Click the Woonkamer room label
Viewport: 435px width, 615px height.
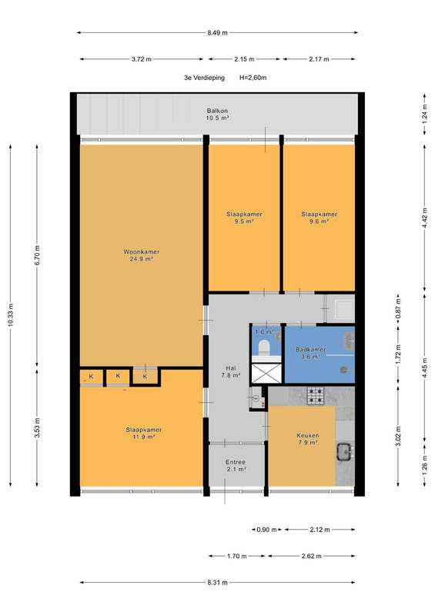pos(142,252)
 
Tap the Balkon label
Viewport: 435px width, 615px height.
pos(217,111)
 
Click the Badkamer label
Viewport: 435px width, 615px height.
pos(310,350)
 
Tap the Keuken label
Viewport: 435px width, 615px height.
pos(308,435)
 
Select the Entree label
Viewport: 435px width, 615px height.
pos(236,462)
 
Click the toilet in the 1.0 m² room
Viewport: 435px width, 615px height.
pos(263,347)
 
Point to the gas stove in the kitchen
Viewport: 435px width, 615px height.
pos(316,396)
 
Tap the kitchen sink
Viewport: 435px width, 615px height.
pos(345,452)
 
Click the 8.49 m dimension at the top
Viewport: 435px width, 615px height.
pos(217,32)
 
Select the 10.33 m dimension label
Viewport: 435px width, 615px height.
pos(11,315)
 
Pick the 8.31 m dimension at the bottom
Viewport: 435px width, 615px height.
pos(217,583)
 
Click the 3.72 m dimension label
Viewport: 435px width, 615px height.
pos(142,59)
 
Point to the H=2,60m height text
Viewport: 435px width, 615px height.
pos(253,78)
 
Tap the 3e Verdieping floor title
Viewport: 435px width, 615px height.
pos(204,78)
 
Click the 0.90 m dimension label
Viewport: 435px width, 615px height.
pos(267,530)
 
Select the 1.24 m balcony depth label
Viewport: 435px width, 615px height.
pos(424,114)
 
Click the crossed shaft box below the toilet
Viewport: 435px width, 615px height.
pos(266,374)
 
